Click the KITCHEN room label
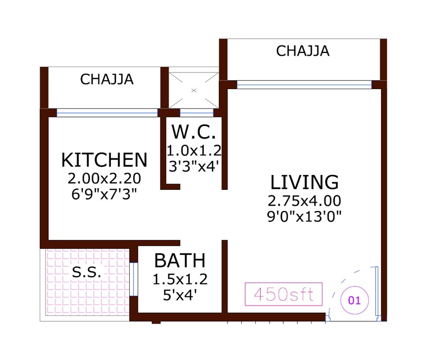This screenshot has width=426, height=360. tap(104, 160)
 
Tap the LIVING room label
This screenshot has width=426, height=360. tap(304, 182)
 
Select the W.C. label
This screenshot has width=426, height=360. tap(194, 133)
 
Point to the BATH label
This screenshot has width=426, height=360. tap(180, 261)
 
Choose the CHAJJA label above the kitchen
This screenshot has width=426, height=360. tap(107, 79)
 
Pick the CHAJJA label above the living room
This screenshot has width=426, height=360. tap(303, 51)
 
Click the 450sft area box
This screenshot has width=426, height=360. tap(284, 294)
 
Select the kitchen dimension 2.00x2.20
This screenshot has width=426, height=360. tap(104, 179)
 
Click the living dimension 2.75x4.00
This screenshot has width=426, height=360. tap(304, 200)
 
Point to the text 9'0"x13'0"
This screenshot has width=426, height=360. tap(304, 216)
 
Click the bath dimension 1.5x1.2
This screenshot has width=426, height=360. tap(180, 279)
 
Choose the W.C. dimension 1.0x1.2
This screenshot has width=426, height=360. tap(194, 150)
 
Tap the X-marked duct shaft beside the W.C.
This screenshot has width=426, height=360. tap(194, 90)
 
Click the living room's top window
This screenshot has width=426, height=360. tap(304, 85)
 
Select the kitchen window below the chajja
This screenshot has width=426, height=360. tap(107, 112)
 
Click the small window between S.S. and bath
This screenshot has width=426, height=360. tap(133, 279)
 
